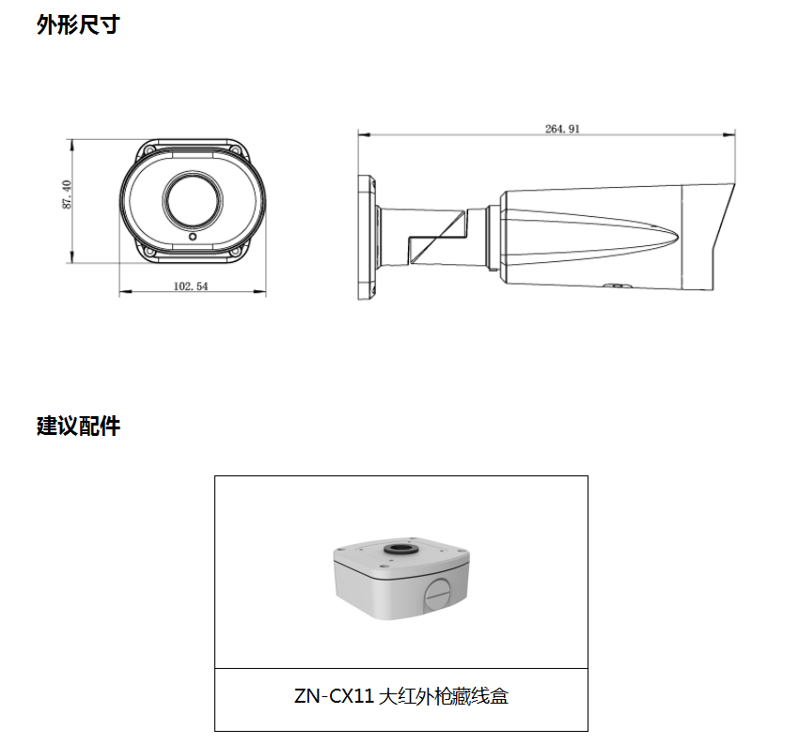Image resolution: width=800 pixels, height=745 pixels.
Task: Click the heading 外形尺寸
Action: point(78,25)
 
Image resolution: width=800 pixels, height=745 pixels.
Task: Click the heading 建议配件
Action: point(78,426)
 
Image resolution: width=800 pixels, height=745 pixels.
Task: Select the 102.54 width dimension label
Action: point(191,287)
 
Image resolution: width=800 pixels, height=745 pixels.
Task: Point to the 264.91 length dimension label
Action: point(562,129)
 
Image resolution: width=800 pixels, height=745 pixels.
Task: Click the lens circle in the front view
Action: point(193,199)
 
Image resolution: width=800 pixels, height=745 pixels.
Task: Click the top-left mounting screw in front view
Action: point(150,149)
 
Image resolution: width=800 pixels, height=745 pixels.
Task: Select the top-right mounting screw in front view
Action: point(236,149)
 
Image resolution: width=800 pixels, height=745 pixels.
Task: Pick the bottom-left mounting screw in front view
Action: point(149,252)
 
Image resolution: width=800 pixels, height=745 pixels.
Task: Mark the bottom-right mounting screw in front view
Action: point(237,252)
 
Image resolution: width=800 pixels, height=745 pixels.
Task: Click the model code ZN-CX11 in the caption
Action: point(334,697)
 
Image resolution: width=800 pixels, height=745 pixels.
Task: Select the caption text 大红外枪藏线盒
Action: point(445,697)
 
